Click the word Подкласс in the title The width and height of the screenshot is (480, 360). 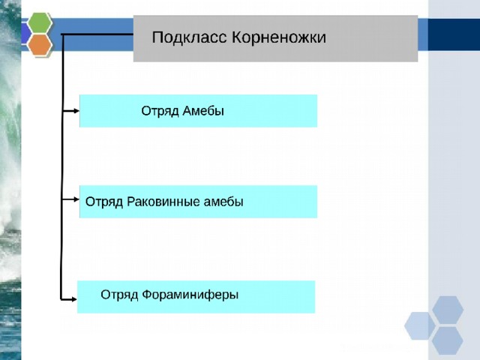(x=189, y=37)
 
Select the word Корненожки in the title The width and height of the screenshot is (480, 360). (x=279, y=37)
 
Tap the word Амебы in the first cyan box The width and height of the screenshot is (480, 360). (x=203, y=111)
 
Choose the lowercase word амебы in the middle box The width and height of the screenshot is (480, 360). (x=223, y=202)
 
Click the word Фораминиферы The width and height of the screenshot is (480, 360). (x=190, y=295)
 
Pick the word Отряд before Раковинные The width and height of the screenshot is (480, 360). (x=104, y=202)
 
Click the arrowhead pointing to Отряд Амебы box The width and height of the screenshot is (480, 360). (x=76, y=111)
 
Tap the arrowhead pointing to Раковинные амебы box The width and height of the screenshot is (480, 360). (x=76, y=199)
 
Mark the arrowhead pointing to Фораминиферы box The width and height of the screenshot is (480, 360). (x=74, y=299)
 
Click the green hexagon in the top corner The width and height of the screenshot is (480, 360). (x=40, y=22)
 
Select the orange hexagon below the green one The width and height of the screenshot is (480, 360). (x=40, y=45)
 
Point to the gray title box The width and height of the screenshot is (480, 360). (x=275, y=38)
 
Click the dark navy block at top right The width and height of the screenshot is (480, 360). (x=454, y=34)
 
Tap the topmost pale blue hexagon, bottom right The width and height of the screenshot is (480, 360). (x=448, y=310)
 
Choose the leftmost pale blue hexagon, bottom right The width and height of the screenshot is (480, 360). (x=420, y=325)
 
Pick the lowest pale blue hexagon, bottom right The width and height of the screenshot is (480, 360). (x=448, y=340)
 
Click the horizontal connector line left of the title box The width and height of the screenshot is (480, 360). (x=97, y=34)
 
